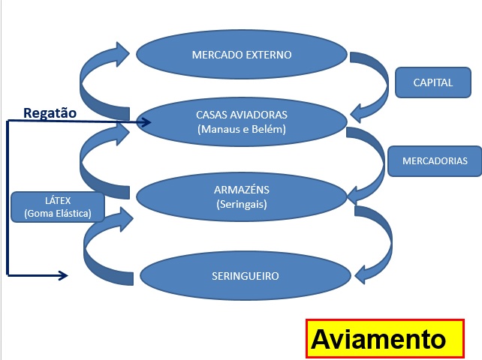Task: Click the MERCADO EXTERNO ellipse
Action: coord(242,54)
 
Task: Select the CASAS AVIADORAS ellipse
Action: coord(242,121)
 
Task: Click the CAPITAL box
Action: coord(433,82)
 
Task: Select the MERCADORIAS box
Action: coord(435,161)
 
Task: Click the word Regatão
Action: coord(50,113)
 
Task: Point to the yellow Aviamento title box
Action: coord(384,339)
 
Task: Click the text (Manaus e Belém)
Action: coord(242,129)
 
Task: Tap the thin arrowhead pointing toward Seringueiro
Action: coord(63,276)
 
